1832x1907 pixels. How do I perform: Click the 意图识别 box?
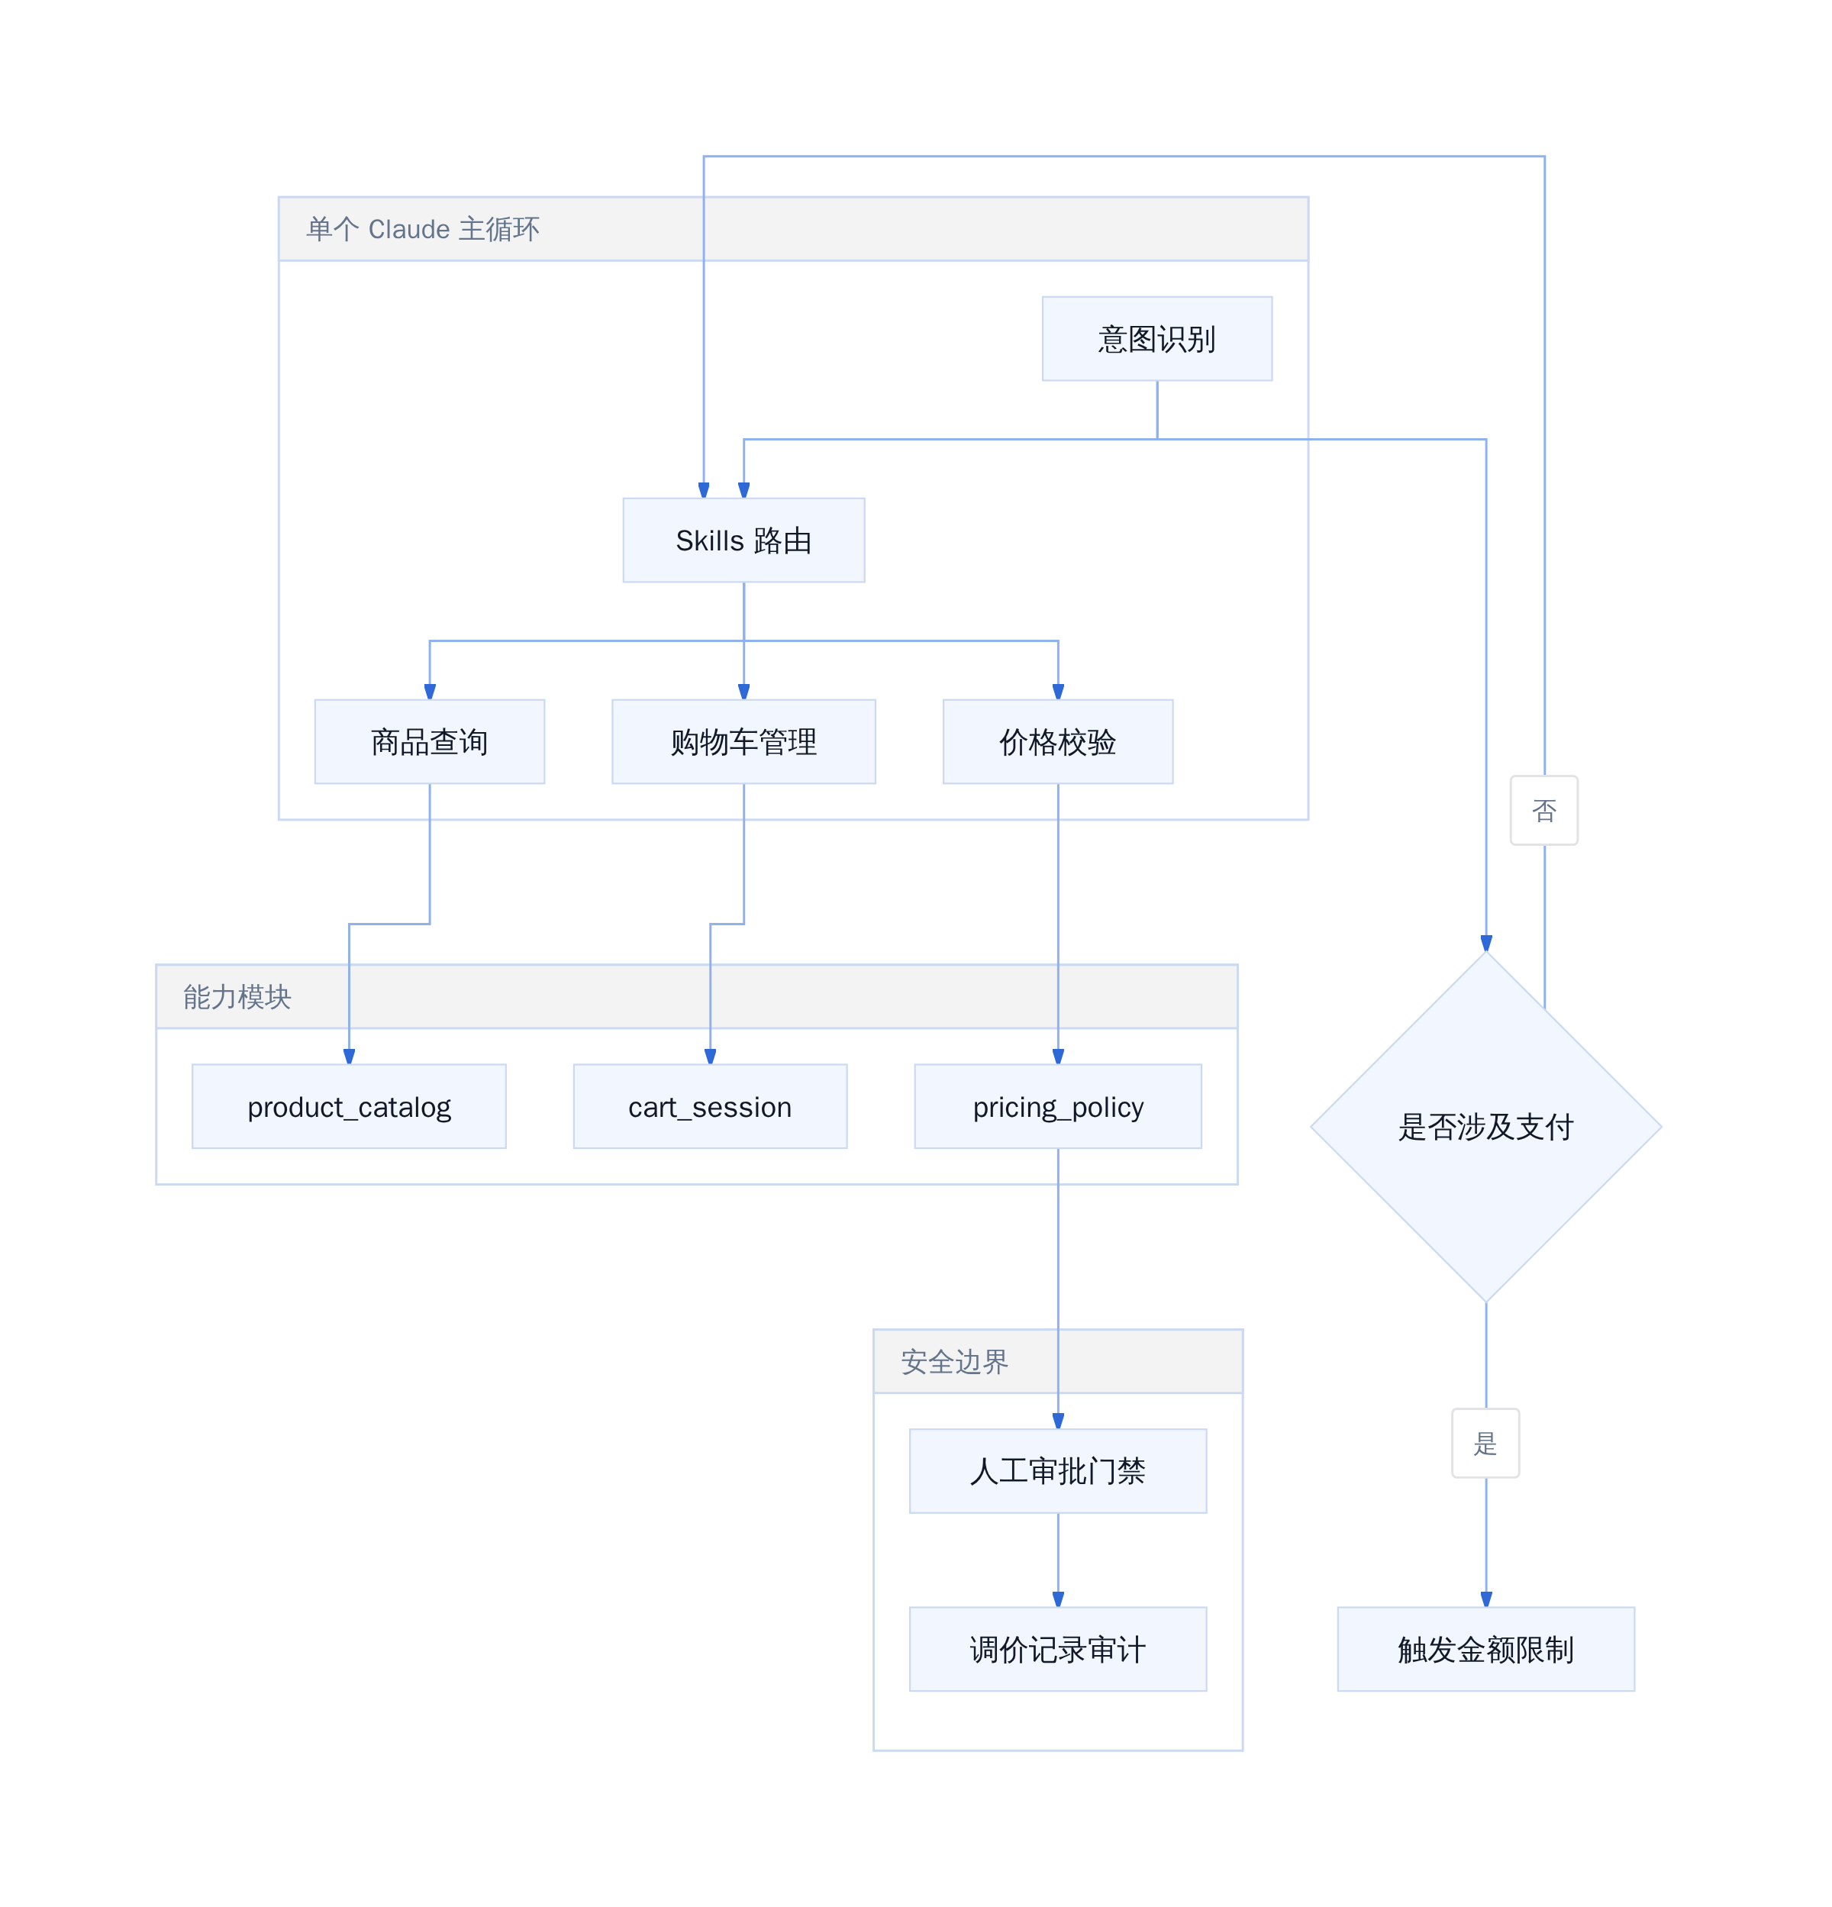click(x=1156, y=339)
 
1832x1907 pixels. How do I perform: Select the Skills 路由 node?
click(x=743, y=540)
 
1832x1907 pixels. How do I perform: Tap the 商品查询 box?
click(x=429, y=741)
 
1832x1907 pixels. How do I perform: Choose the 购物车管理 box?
click(x=743, y=741)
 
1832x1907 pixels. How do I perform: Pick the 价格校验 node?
click(x=1057, y=741)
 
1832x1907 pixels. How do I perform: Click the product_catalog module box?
click(x=348, y=1106)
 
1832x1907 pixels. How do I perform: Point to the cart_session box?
click(x=710, y=1106)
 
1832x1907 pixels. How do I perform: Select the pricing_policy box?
click(x=1057, y=1106)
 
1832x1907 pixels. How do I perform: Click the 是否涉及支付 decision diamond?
click(x=1485, y=1127)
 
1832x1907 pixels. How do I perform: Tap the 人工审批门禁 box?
click(x=1057, y=1471)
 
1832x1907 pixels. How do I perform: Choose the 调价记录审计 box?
click(x=1057, y=1649)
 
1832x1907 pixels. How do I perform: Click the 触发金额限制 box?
click(x=1485, y=1649)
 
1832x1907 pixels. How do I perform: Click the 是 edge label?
click(x=1485, y=1443)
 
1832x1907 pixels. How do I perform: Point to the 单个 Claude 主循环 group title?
click(x=422, y=229)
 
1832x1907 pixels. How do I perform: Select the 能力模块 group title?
click(x=237, y=996)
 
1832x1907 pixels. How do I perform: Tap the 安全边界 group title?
click(x=954, y=1361)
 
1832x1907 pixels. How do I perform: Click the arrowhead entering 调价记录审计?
click(x=1057, y=1599)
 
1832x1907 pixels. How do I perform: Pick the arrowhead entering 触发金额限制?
click(x=1485, y=1599)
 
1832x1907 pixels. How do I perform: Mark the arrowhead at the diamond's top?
click(x=1485, y=943)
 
